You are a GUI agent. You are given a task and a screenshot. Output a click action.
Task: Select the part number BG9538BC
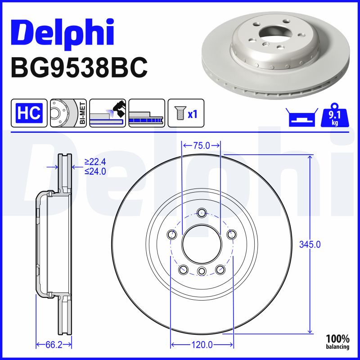pos(79,68)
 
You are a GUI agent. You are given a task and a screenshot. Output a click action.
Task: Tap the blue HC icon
pos(29,112)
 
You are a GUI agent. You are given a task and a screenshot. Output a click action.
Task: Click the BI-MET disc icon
pos(68,112)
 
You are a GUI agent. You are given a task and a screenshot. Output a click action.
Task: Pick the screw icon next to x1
pos(178,112)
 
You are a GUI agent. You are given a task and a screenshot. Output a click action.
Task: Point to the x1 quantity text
pos(193,114)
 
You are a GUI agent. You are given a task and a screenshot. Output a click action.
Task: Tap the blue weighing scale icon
pos(301,118)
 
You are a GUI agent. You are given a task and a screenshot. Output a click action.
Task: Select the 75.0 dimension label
pos(201,145)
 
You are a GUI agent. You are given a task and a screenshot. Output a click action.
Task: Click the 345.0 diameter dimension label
pos(310,245)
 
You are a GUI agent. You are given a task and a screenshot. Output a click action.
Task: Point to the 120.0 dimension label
pos(202,345)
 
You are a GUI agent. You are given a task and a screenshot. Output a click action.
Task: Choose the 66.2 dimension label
pos(54,345)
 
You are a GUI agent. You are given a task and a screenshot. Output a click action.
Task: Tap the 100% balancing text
pos(337,342)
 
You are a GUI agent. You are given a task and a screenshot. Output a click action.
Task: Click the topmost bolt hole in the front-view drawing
pos(201,213)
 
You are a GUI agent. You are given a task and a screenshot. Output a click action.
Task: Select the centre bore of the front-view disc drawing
pos(201,244)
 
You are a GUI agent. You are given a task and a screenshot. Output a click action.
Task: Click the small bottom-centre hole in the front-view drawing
pos(201,271)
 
